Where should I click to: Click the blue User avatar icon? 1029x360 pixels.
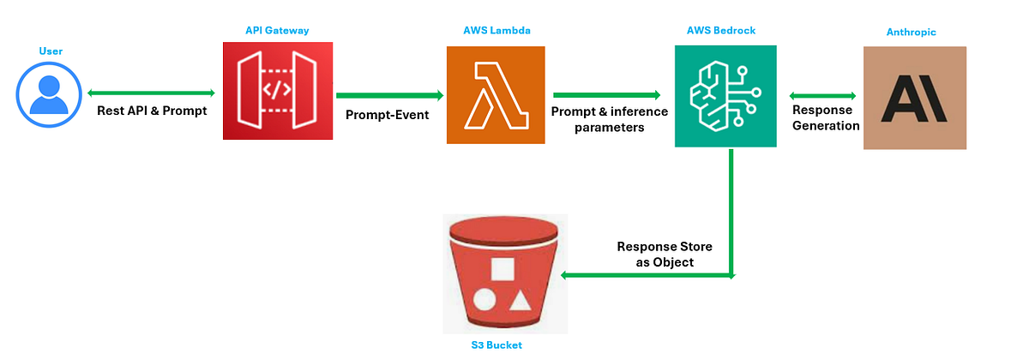pyautogui.click(x=50, y=94)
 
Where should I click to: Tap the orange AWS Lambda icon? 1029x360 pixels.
pyautogui.click(x=496, y=94)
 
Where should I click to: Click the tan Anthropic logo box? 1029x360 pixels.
pyautogui.click(x=914, y=99)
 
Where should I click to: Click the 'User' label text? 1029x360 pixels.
pyautogui.click(x=51, y=51)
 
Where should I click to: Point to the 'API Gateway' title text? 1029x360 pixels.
pyautogui.click(x=277, y=31)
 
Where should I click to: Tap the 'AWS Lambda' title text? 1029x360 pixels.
pyautogui.click(x=495, y=31)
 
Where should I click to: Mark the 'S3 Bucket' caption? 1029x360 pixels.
pyautogui.click(x=497, y=345)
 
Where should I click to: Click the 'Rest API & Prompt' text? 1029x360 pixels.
pyautogui.click(x=151, y=111)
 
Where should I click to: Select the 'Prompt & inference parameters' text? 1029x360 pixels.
pyautogui.click(x=605, y=120)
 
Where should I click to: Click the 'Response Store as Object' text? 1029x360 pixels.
pyautogui.click(x=665, y=254)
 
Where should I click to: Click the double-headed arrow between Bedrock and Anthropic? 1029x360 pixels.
pyautogui.click(x=822, y=96)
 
